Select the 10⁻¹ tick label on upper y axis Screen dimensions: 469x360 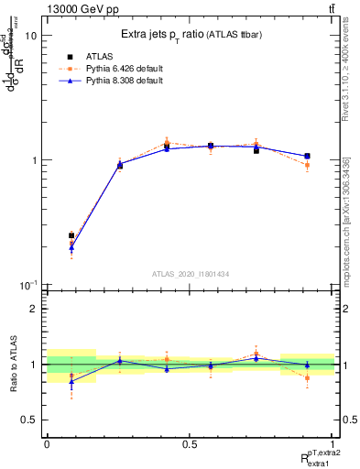(27, 285)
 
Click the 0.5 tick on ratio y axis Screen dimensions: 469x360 (30, 420)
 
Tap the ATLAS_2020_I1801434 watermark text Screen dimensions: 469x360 (191, 274)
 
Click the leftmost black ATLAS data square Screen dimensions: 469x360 (71, 235)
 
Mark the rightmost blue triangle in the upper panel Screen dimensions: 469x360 (307, 157)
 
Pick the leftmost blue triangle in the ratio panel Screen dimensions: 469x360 (71, 381)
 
